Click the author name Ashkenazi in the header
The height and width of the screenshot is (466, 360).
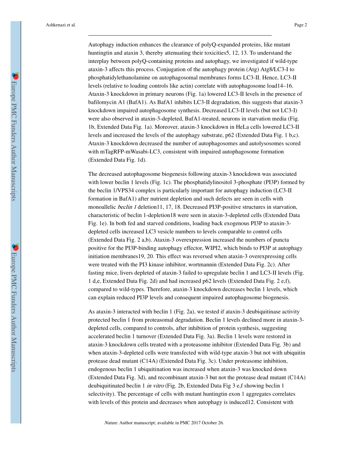[53, 25]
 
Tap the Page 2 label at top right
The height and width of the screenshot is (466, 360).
[300, 25]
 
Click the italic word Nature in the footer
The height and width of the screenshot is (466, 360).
[111, 423]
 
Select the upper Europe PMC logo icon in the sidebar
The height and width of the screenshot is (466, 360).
[15, 76]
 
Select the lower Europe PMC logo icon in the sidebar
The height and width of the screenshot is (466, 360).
[15, 247]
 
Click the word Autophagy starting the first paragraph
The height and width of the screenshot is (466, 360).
[100, 45]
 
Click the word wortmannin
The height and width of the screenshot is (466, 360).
[200, 264]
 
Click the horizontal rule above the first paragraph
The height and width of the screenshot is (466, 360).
[180, 35]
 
